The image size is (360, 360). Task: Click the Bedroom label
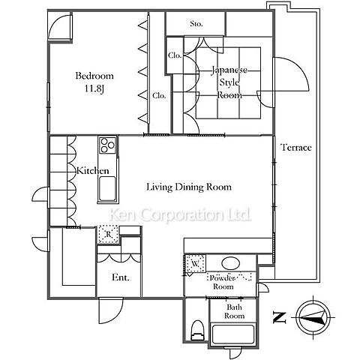pyautogui.click(x=94, y=76)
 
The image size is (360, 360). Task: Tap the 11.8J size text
pyautogui.click(x=94, y=88)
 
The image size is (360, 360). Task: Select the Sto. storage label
pyautogui.click(x=196, y=24)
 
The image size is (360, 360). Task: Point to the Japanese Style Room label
pyautogui.click(x=229, y=82)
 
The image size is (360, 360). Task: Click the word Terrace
pyautogui.click(x=296, y=147)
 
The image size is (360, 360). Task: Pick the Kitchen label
pyautogui.click(x=93, y=171)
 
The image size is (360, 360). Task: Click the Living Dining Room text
pyautogui.click(x=189, y=187)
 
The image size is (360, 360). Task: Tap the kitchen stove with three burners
pyautogui.click(x=107, y=145)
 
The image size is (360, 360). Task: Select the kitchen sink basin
pyautogui.click(x=107, y=189)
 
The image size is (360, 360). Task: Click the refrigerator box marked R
pyautogui.click(x=108, y=234)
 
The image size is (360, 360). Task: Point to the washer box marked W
pyautogui.click(x=195, y=263)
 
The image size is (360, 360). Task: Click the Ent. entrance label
pyautogui.click(x=121, y=277)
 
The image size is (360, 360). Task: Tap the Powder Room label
pyautogui.click(x=223, y=282)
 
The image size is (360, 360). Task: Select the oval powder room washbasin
pyautogui.click(x=230, y=263)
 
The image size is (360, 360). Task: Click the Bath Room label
pyautogui.click(x=234, y=311)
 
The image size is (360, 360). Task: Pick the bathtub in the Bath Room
pyautogui.click(x=232, y=334)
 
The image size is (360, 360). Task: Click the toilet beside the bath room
pyautogui.click(x=197, y=331)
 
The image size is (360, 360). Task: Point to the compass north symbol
pyautogui.click(x=313, y=317)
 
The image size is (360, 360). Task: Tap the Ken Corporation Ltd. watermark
pyautogui.click(x=180, y=214)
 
